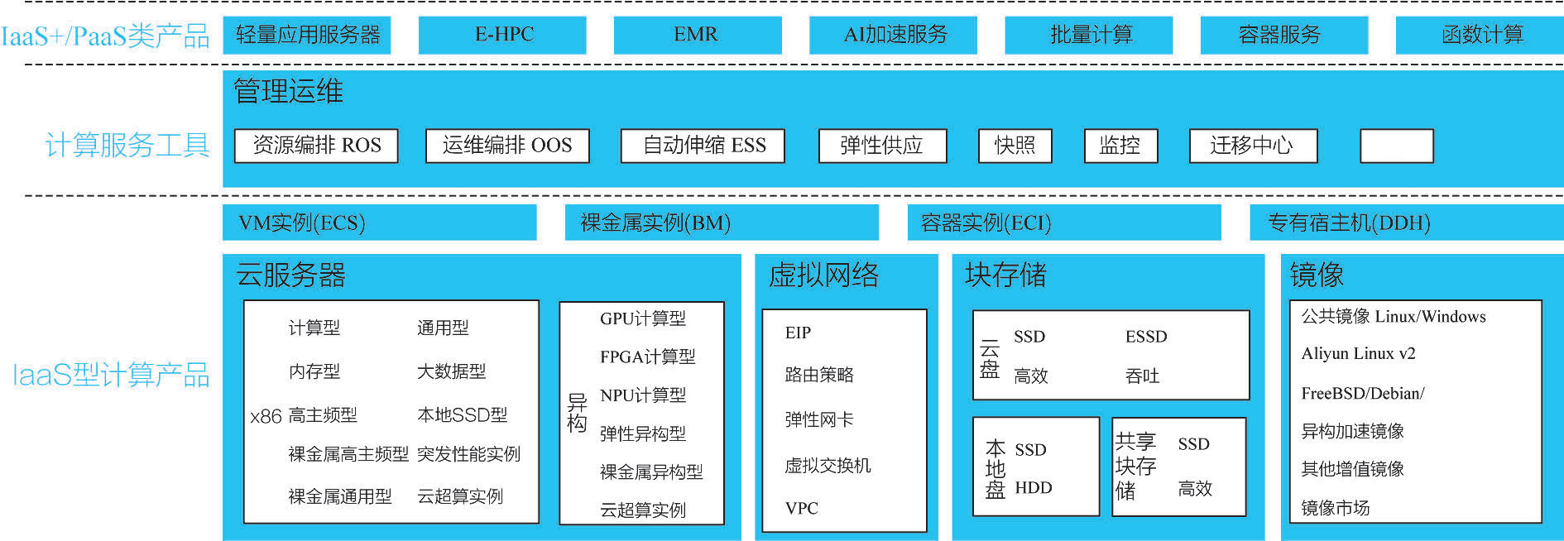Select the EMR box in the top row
[697, 35]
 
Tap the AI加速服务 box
[893, 35]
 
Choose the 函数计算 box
[1480, 35]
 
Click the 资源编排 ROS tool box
[316, 146]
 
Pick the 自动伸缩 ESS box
[703, 146]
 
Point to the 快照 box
[1015, 146]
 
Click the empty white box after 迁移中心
[1396, 146]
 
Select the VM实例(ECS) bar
[379, 223]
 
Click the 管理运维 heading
[288, 91]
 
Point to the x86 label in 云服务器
[266, 416]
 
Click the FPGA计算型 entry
[647, 357]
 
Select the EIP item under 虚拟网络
[798, 333]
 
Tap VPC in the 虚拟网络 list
[801, 508]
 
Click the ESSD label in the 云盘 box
[1146, 337]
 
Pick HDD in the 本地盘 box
[1033, 488]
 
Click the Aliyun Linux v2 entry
[1358, 354]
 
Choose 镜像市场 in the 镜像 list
[1335, 508]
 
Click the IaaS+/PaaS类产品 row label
[106, 36]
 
